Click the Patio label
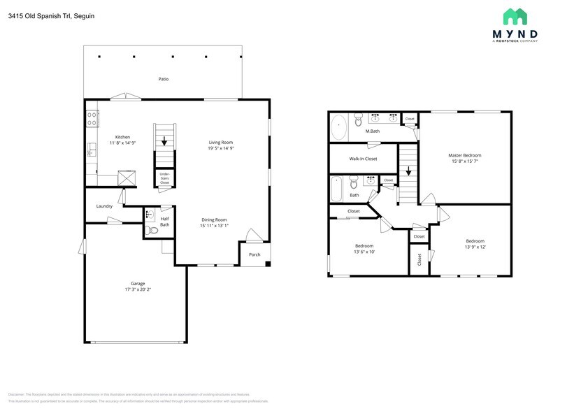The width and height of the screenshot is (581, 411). (163, 79)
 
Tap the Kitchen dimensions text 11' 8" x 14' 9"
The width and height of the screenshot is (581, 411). (122, 143)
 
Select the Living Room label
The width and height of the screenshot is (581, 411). (220, 142)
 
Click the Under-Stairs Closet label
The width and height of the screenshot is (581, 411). (164, 178)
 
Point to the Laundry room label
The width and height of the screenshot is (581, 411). (104, 206)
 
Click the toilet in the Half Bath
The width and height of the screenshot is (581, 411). (153, 230)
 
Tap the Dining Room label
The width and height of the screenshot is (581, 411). (214, 219)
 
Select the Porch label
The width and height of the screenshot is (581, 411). (254, 254)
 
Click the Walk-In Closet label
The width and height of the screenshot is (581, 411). (363, 159)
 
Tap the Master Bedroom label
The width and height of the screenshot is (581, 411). (464, 155)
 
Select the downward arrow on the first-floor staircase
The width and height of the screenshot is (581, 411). (165, 140)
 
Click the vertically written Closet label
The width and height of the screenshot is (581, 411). (419, 259)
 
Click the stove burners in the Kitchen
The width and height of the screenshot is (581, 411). (91, 118)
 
